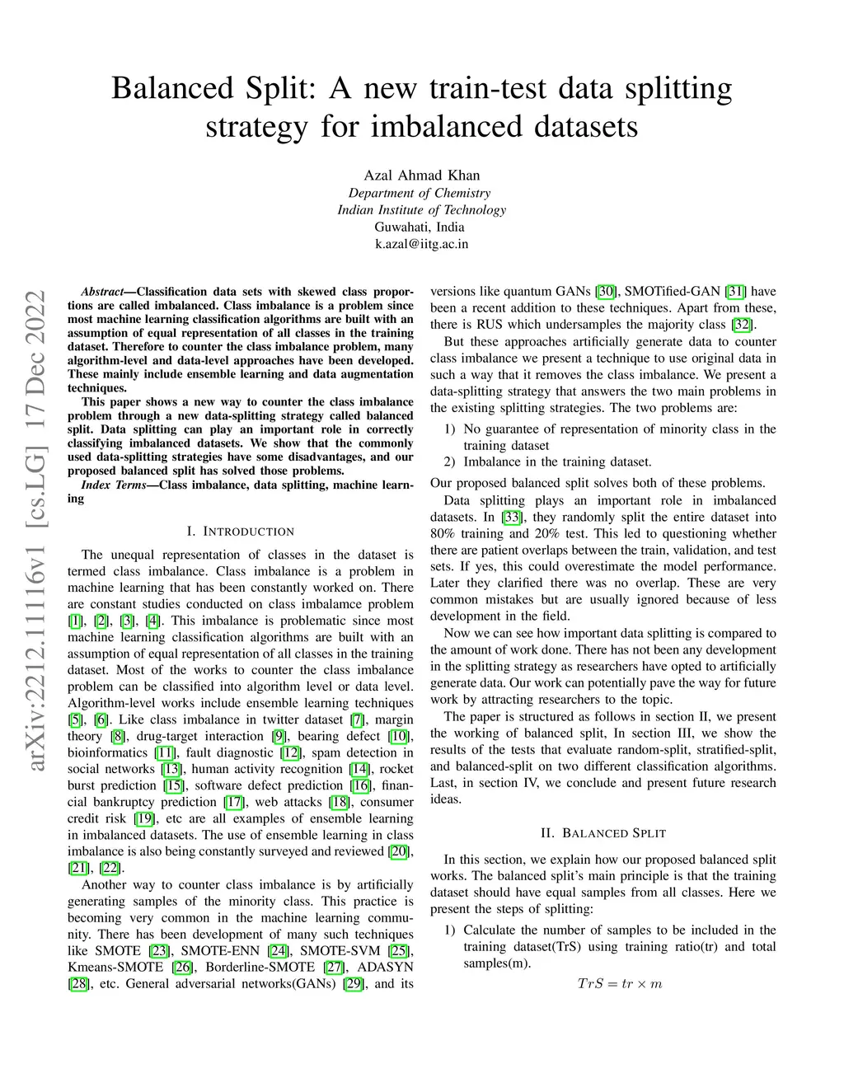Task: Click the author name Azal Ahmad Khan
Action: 421,175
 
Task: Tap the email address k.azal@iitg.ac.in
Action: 421,244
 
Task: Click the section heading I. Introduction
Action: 240,532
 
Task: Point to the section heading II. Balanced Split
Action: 603,833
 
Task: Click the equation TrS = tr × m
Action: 619,984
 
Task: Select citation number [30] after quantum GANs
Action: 606,292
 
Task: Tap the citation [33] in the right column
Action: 512,518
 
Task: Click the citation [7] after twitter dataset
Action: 357,719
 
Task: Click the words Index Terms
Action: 113,485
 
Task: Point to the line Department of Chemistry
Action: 420,193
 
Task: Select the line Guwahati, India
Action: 420,227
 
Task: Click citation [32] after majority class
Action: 742,325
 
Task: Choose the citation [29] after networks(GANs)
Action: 353,984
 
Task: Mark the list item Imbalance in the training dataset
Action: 557,462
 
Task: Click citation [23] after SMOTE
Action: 159,951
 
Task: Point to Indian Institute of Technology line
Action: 421,209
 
